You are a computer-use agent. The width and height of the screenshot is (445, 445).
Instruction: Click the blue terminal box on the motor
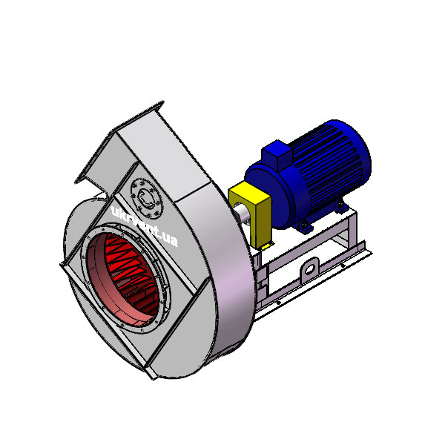point(277,155)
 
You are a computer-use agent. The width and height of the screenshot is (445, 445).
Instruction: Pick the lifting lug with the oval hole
point(309,268)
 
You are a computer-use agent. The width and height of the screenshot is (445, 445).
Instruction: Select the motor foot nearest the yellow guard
point(304,226)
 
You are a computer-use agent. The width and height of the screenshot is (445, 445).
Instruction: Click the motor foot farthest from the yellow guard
point(340,205)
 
